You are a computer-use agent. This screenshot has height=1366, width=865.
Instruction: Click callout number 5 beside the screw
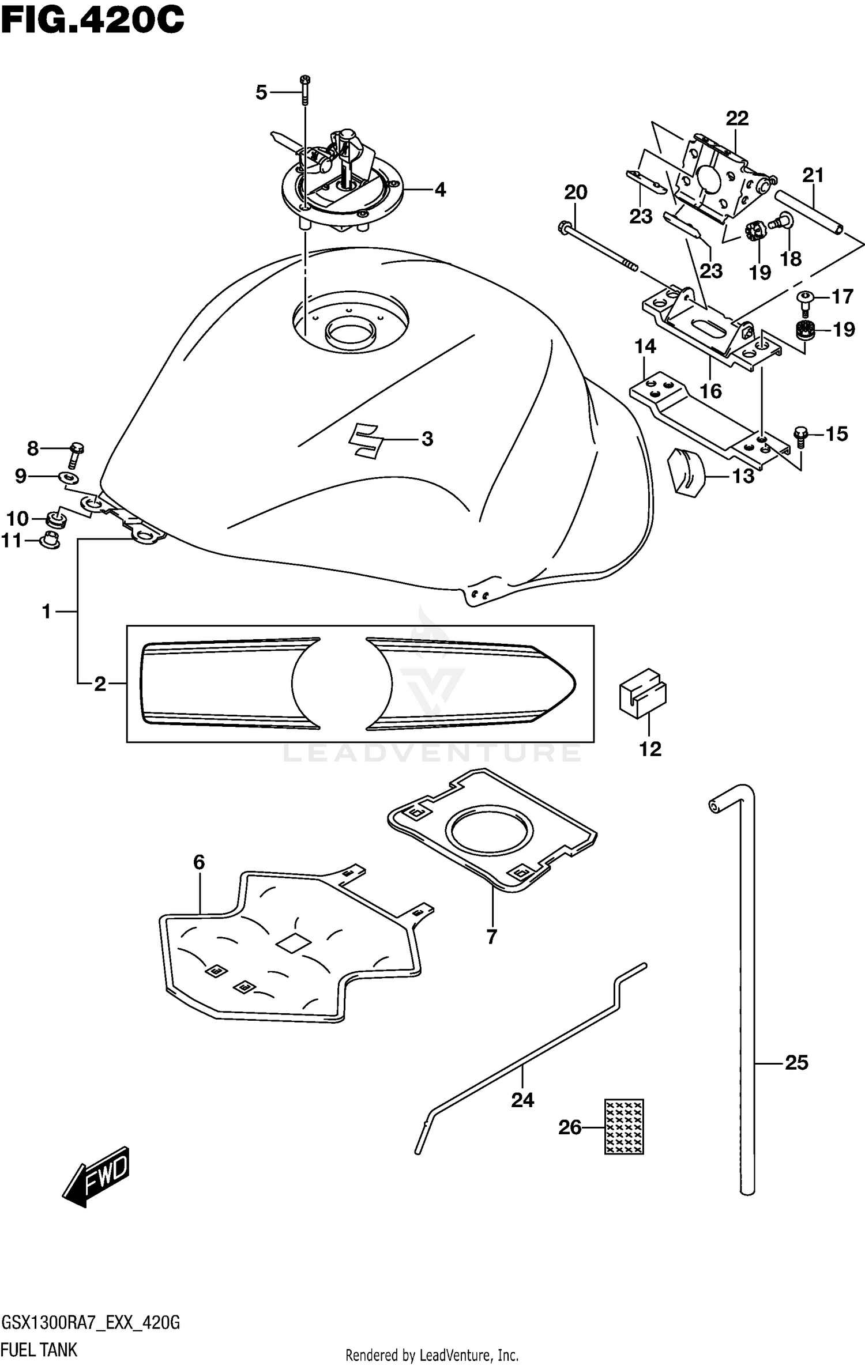click(x=261, y=92)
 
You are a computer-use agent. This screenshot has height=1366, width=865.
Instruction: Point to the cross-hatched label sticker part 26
click(x=623, y=1126)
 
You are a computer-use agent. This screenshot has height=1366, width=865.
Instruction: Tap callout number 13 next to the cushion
click(x=743, y=476)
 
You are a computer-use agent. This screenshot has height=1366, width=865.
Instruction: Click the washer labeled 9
click(x=69, y=478)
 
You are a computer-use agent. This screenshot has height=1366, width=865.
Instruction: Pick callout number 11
click(x=12, y=541)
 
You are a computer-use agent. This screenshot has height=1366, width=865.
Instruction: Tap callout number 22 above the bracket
click(x=736, y=119)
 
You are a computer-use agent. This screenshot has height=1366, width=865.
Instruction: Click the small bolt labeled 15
click(x=799, y=436)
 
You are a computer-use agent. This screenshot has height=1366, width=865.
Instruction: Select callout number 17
click(x=842, y=297)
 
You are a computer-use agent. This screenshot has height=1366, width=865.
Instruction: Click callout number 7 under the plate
click(x=491, y=937)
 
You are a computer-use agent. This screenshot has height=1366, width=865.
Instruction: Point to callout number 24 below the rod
click(x=522, y=1100)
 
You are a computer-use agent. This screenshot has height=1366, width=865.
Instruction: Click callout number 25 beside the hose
click(x=796, y=1062)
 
